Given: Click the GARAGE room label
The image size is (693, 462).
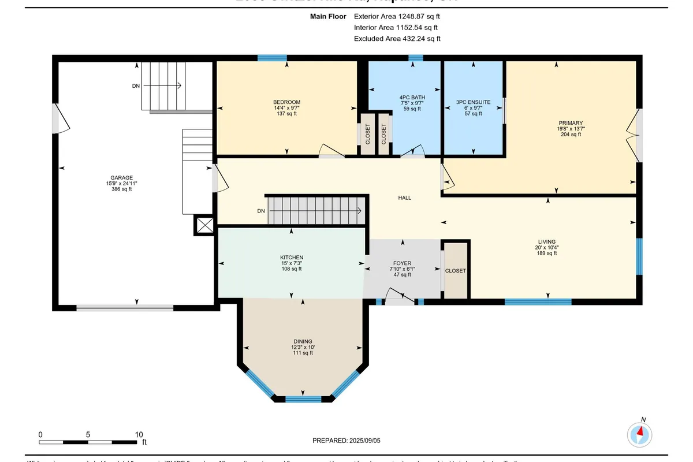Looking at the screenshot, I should click(x=122, y=178).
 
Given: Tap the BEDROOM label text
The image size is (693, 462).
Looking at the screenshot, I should click(x=286, y=102).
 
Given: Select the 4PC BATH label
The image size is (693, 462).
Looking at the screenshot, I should click(x=412, y=97).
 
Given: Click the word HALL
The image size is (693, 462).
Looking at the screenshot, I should click(x=404, y=198).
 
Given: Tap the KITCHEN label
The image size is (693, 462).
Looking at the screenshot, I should click(x=292, y=258).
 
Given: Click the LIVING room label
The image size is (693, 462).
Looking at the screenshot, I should click(x=546, y=242).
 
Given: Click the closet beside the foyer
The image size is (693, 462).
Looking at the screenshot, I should click(x=455, y=271).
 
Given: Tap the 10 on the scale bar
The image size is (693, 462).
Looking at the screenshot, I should click(x=139, y=434).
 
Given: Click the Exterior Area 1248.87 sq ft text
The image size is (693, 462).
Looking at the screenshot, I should click(x=397, y=17).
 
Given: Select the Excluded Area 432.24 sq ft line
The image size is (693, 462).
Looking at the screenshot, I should click(x=397, y=39).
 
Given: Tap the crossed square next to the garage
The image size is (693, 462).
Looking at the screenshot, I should click(x=204, y=226).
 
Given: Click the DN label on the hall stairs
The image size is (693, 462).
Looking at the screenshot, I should click(x=261, y=211).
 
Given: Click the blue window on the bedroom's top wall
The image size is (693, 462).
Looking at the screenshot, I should click(x=272, y=58).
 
